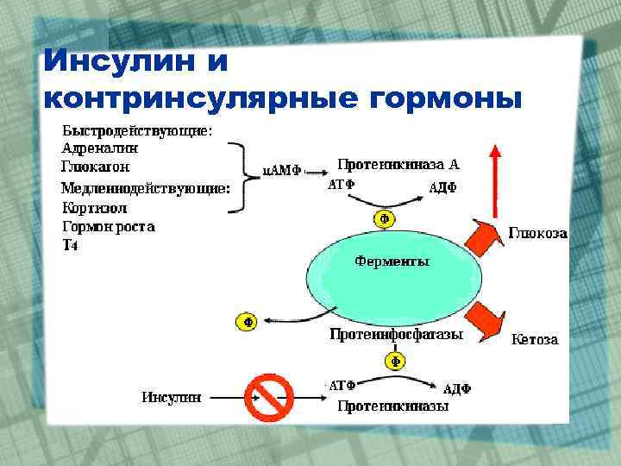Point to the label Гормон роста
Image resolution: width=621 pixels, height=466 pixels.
click(x=109, y=227)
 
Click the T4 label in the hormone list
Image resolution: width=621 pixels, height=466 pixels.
click(x=71, y=245)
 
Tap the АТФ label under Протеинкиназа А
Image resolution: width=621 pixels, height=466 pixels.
click(x=342, y=185)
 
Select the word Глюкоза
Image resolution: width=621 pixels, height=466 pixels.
click(x=536, y=234)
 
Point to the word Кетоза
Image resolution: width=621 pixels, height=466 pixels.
click(x=535, y=339)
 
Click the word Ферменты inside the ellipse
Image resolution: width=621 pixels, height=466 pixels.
click(x=393, y=261)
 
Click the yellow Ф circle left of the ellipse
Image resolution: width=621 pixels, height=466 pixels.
click(x=247, y=322)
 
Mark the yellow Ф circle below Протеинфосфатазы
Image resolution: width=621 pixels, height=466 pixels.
click(x=395, y=362)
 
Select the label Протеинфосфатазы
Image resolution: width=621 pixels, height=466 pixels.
click(x=397, y=334)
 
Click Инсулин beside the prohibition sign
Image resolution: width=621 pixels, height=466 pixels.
click(x=172, y=397)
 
